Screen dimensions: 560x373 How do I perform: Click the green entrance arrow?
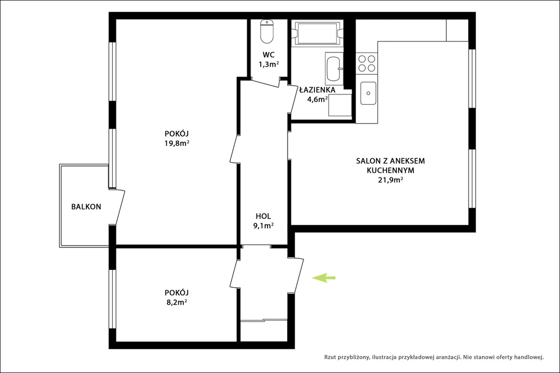pyautogui.click(x=324, y=277)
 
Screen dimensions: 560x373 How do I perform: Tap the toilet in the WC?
pyautogui.click(x=267, y=31)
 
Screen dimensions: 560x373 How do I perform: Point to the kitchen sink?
pyautogui.click(x=368, y=93)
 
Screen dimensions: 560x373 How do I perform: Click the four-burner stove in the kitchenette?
pyautogui.click(x=367, y=63)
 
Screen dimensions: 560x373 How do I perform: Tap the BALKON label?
pyautogui.click(x=86, y=206)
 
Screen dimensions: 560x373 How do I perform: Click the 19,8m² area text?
pyautogui.click(x=177, y=143)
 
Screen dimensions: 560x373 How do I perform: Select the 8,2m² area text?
pyautogui.click(x=177, y=303)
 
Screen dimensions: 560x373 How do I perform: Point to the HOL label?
pyautogui.click(x=263, y=216)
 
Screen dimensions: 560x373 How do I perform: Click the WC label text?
pyautogui.click(x=269, y=55)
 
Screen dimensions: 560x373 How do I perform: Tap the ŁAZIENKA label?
pyautogui.click(x=318, y=90)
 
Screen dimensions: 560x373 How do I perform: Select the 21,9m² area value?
pyautogui.click(x=390, y=180)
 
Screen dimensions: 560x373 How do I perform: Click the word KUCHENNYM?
pyautogui.click(x=390, y=170)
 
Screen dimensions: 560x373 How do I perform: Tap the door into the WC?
pyautogui.click(x=266, y=82)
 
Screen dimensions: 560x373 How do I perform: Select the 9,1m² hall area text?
pyautogui.click(x=264, y=226)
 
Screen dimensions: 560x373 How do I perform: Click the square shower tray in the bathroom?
pyautogui.click(x=340, y=105)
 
